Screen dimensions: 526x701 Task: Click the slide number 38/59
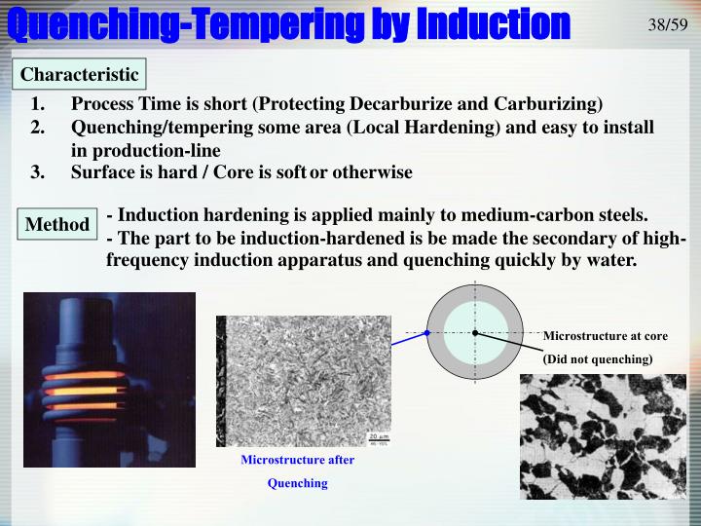point(668,23)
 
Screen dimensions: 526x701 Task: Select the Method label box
point(57,225)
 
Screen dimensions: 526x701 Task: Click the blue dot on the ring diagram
point(426,333)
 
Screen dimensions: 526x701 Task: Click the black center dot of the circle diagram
point(475,333)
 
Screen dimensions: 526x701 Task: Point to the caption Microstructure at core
point(605,336)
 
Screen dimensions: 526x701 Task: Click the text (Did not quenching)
point(597,358)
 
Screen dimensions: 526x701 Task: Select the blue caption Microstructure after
point(298,460)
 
